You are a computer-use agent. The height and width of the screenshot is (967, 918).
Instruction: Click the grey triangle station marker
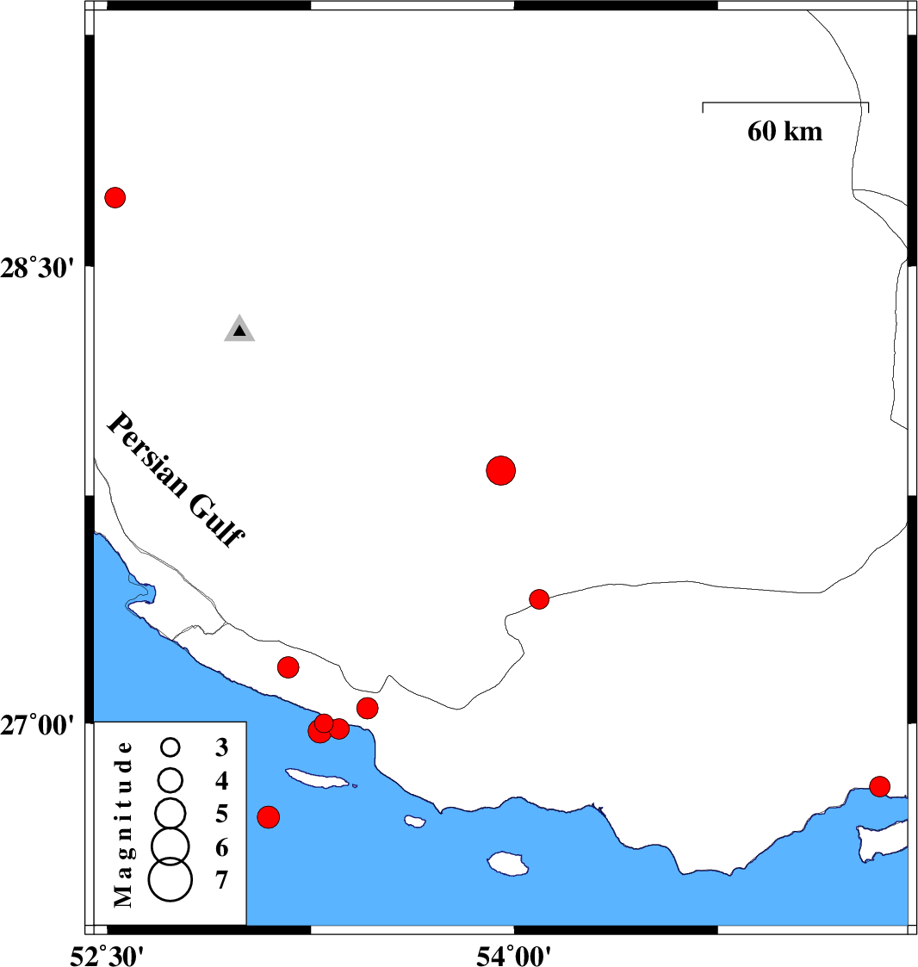239,329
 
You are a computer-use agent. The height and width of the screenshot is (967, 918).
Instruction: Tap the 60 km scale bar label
785,132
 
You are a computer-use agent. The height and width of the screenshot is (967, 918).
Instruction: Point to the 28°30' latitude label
37,269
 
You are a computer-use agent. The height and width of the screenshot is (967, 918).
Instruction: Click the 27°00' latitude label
37,725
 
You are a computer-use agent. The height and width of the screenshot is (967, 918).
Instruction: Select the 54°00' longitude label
513,956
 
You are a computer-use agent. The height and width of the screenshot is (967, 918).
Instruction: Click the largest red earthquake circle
500,470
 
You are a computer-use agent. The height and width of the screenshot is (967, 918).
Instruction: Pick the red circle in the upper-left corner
115,197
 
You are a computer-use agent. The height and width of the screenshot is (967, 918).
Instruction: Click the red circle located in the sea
268,817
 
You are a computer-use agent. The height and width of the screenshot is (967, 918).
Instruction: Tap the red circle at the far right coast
879,786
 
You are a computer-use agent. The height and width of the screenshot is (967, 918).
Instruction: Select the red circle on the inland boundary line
539,598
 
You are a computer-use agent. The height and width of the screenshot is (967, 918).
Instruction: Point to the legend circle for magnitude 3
171,747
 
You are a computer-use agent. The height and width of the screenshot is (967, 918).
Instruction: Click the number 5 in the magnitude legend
221,814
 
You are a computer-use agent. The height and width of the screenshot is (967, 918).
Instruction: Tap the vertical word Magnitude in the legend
123,824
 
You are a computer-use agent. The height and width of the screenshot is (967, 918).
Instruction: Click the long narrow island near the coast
317,778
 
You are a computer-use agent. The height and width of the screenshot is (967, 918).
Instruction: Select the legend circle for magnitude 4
171,780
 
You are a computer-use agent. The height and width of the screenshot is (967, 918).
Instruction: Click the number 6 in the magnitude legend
221,848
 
